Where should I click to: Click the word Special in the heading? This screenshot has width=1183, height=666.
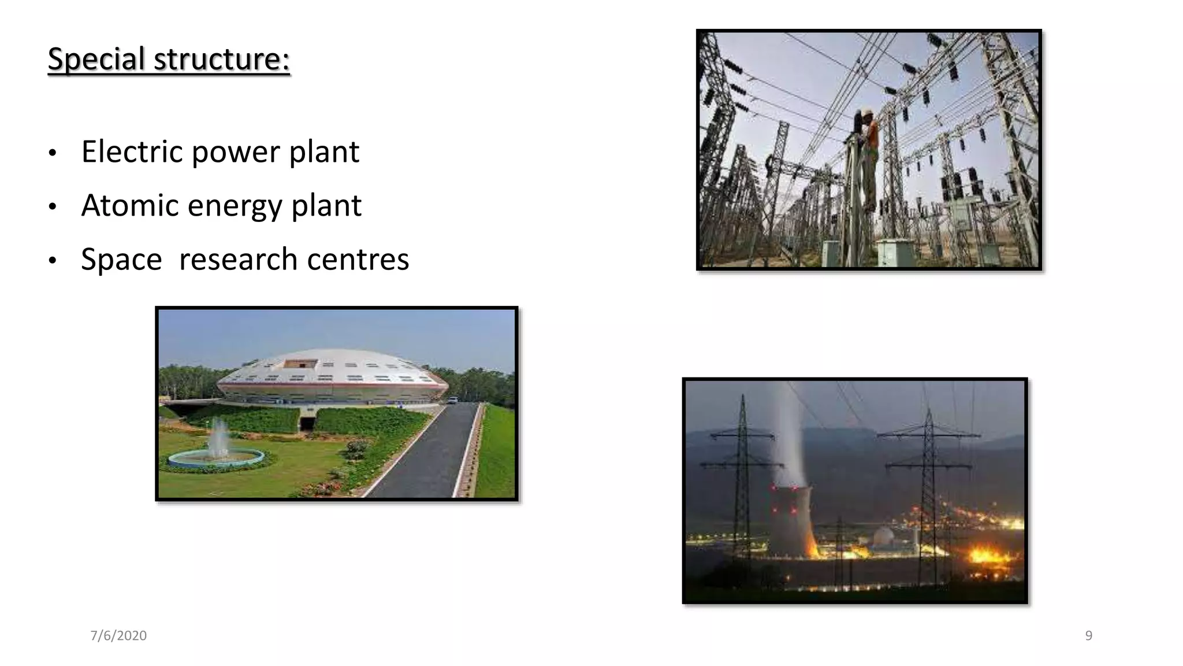pyautogui.click(x=96, y=59)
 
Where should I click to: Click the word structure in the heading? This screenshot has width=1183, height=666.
pyautogui.click(x=221, y=59)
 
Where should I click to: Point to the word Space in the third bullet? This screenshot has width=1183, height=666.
pyautogui.click(x=121, y=259)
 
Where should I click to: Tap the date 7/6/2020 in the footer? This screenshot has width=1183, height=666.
pyautogui.click(x=118, y=635)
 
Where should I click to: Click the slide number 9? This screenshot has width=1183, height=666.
pyautogui.click(x=1088, y=635)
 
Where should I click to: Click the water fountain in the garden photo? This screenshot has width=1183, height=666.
pyautogui.click(x=218, y=442)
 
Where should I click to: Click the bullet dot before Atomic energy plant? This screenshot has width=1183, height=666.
pyautogui.click(x=53, y=206)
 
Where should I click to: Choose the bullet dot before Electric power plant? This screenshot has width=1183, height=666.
pyautogui.click(x=53, y=153)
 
